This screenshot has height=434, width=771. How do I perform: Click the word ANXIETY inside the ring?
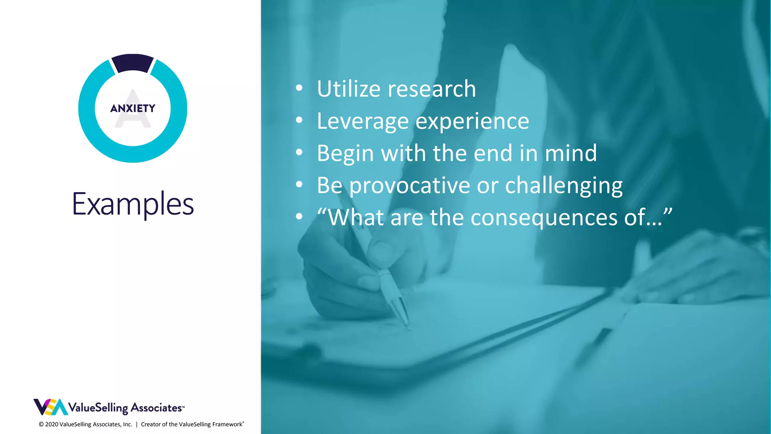coord(133,108)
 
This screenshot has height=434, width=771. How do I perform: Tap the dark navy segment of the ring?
coord(133,63)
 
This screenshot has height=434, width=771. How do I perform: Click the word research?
coord(432,89)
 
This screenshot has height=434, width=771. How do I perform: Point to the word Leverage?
coord(363,121)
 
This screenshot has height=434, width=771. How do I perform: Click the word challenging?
coord(564,185)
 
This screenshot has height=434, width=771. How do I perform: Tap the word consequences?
coord(544,218)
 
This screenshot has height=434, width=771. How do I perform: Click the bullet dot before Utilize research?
coord(299,88)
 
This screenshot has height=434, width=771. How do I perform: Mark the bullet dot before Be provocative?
coord(299,185)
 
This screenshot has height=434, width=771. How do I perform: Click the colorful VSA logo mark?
coord(50,407)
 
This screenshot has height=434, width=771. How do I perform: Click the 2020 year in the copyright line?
coord(52,424)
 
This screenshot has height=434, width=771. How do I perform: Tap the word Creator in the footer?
coord(151,424)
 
